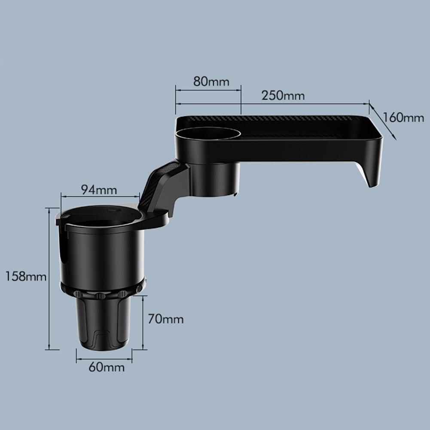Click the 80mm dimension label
coord(211,82)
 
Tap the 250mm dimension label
coord(283,95)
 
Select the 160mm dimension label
coord(404,117)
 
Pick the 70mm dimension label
coord(165,319)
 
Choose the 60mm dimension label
coord(107,367)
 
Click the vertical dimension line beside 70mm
coord(143,322)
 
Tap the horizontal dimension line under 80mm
coord(208,90)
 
